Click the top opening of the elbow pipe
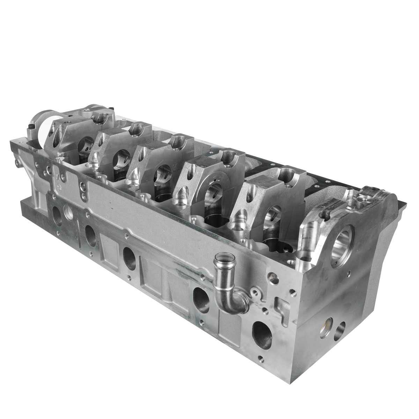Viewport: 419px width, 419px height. (222, 258)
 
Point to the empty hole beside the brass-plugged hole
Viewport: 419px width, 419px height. (340, 331)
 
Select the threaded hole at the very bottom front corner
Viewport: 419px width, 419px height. (260, 358)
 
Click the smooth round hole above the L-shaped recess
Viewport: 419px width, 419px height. (273, 278)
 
